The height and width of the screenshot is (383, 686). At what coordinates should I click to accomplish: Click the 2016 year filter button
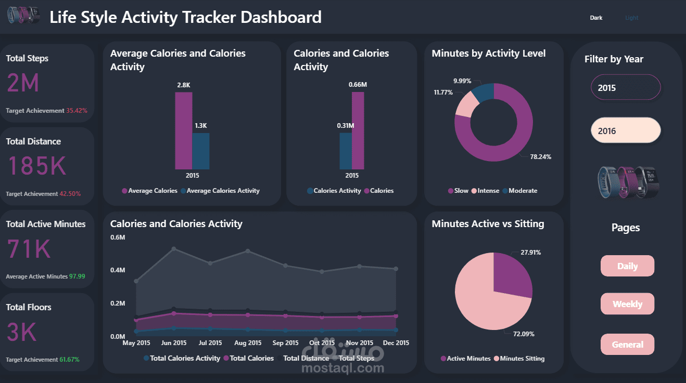[x=626, y=130]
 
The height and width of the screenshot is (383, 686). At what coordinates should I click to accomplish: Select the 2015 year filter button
[x=626, y=87]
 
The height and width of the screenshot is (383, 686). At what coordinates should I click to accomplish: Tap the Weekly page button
[x=627, y=304]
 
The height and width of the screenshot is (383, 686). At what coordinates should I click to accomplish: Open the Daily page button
[x=627, y=266]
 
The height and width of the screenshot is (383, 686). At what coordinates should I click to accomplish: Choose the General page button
[x=627, y=345]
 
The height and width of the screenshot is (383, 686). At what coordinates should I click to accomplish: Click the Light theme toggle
[x=631, y=18]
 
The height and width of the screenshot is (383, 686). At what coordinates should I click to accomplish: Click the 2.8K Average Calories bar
[x=184, y=130]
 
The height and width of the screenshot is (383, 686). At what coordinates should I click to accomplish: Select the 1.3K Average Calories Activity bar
[x=201, y=151]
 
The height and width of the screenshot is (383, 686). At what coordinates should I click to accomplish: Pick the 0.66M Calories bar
[x=358, y=130]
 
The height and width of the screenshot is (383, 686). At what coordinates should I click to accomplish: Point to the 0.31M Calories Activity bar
[x=346, y=151]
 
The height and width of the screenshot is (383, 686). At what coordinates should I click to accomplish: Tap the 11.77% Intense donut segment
[x=467, y=104]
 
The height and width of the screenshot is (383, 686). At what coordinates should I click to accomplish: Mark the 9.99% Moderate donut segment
[x=484, y=92]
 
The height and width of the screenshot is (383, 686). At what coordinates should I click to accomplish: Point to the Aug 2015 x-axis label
[x=248, y=343]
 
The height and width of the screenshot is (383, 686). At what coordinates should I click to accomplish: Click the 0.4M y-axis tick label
[x=118, y=270]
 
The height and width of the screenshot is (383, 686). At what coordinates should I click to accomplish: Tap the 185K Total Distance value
[x=37, y=166]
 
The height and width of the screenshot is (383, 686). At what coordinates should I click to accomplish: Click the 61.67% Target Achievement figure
[x=69, y=360]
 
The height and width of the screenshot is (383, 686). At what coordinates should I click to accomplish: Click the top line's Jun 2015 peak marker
[x=174, y=249]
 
